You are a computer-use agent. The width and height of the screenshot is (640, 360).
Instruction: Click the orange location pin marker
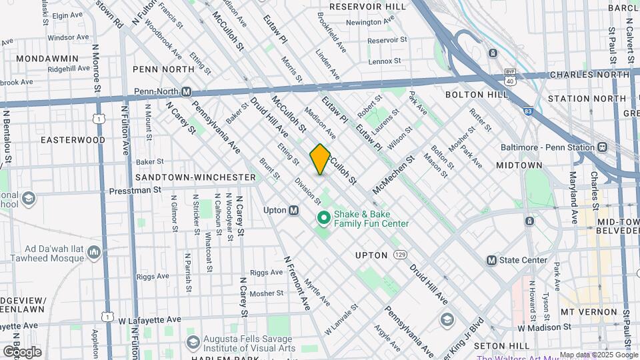tap(320, 159)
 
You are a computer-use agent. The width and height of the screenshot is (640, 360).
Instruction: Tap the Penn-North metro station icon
tap(187, 91)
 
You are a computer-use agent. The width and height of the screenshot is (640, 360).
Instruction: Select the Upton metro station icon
tap(293, 210)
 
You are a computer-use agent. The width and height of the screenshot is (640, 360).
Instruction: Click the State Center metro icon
tap(492, 260)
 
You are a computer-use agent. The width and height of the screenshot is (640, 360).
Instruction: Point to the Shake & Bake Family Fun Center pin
tap(323, 218)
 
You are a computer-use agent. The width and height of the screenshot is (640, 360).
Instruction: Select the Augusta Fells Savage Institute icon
tap(193, 343)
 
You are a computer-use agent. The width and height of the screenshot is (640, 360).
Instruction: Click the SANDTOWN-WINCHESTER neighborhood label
tap(195, 177)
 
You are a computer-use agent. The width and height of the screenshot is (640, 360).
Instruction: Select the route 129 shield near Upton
tap(399, 255)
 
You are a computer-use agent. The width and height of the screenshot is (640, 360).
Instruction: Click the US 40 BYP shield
tap(510, 77)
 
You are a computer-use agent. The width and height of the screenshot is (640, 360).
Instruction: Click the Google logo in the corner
tap(22, 351)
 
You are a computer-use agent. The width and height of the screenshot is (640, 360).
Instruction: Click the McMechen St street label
tap(393, 175)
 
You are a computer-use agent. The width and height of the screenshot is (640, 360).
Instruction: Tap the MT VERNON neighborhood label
tap(589, 311)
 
